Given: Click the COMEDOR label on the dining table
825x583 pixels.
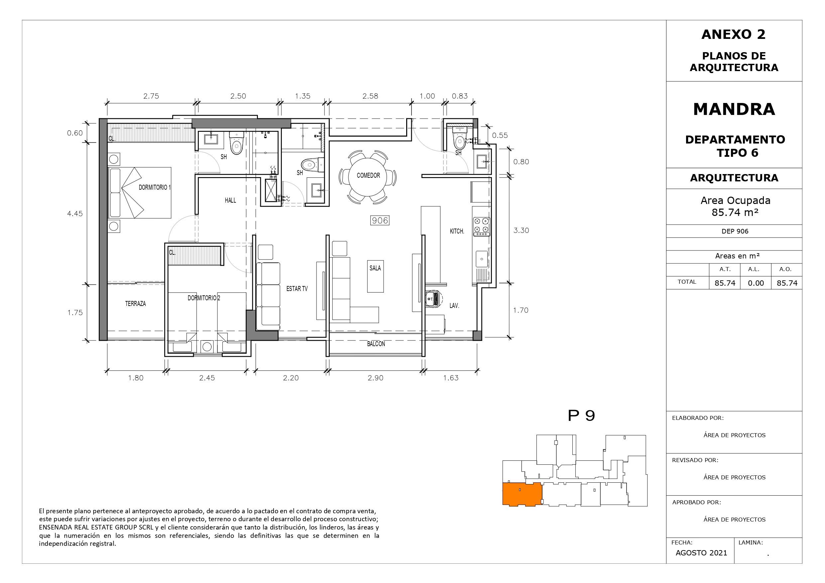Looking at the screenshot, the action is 368,175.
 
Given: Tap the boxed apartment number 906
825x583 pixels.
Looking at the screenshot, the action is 380,220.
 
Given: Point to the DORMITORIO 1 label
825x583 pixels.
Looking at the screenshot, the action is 155,187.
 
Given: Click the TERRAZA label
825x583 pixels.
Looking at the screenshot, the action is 136,304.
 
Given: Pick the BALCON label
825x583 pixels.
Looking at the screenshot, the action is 376,344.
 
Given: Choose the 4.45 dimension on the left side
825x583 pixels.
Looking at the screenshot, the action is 75,213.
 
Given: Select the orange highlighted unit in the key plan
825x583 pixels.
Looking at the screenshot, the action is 522,494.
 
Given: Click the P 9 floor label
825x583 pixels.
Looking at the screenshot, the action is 581,416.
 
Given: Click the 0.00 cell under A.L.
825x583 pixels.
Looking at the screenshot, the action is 756,283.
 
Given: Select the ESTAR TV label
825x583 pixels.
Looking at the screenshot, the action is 297,288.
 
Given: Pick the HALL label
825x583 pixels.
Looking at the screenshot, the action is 230,200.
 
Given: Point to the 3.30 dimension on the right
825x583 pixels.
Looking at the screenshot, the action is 521,230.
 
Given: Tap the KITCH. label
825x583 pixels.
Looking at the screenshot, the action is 457,231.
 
